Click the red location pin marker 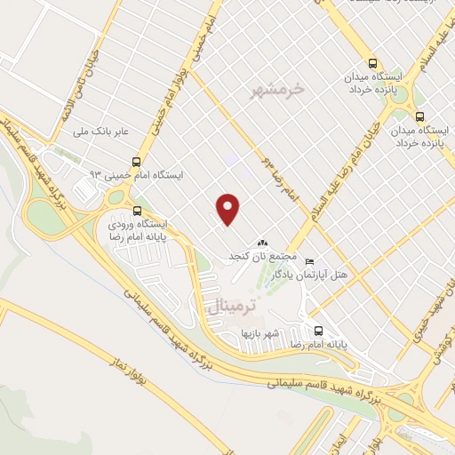tap(228, 209)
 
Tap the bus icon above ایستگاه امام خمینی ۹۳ tap(136, 162)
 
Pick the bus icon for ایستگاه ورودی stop tap(137, 211)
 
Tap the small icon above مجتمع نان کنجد tap(261, 243)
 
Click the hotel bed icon tap(309, 262)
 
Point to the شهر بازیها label tap(260, 333)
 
